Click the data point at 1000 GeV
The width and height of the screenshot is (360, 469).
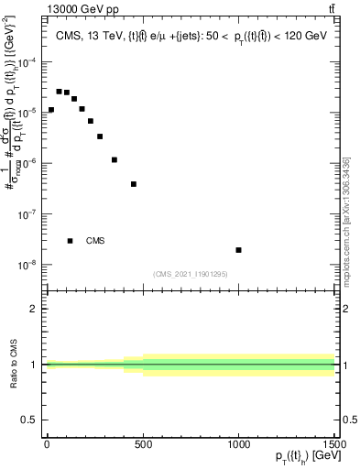238,250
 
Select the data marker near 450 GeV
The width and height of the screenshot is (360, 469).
134,184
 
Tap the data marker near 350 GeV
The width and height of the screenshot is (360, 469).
115,159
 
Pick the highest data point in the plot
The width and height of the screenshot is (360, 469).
59,92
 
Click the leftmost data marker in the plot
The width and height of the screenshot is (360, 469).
50,110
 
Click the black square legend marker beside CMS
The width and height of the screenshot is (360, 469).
70,241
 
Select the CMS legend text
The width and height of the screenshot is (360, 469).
95,241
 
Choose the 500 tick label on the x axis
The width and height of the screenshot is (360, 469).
142,443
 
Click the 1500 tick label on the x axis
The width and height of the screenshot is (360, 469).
334,443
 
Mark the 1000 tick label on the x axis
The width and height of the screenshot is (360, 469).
238,443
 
